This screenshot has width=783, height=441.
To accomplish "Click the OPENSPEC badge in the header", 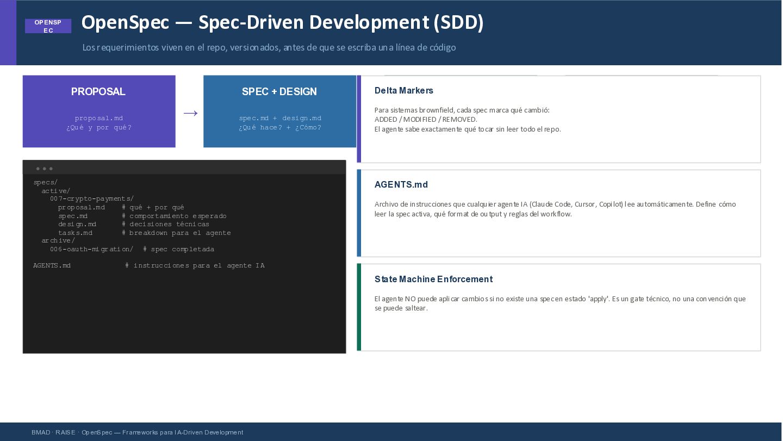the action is coord(48,26).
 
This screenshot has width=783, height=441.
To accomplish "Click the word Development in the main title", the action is coord(369,23).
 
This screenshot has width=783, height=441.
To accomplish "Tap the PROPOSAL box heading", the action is coord(98,91).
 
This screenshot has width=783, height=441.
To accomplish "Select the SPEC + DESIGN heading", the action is coord(279,91).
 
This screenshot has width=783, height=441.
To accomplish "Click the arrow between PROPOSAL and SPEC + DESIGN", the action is coord(190,113).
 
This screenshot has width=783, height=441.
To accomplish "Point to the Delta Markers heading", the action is coord(403,90).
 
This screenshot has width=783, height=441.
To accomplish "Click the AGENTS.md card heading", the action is coord(401,184).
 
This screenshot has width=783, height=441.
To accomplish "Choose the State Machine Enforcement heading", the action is coord(433,279).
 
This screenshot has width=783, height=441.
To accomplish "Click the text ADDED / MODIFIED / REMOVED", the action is coord(426,120).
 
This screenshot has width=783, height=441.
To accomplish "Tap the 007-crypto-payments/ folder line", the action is coord(92,199).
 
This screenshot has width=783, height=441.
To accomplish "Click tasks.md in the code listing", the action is coord(76,233).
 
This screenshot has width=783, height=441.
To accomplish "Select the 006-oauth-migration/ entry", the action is coord(91,249).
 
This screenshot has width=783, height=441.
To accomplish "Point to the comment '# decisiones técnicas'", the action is coord(165,224).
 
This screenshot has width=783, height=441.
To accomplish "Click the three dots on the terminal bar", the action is coord(45,169).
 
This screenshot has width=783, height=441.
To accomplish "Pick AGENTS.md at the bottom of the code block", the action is coord(52,265).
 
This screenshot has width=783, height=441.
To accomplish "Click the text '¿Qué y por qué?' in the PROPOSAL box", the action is coord(99,128).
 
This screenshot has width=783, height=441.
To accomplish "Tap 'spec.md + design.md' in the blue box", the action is coord(280,118).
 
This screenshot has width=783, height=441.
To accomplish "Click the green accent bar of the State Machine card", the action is coord(359,307).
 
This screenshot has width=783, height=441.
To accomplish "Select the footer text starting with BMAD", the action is coord(138,433).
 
